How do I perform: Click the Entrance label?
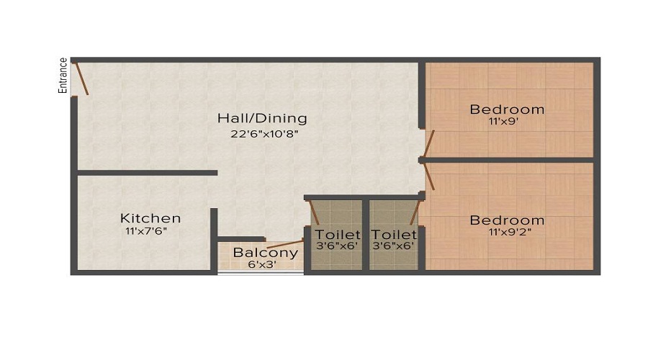click(x=63, y=76)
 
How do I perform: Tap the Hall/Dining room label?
click(x=262, y=118)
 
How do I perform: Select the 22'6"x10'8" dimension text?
click(x=262, y=133)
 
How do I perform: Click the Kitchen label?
click(x=150, y=217)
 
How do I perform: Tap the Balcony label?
click(x=266, y=253)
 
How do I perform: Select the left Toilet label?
click(x=338, y=235)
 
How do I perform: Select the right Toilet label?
click(x=394, y=235)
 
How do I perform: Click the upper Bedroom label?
click(x=507, y=109)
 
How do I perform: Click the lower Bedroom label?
click(x=507, y=220)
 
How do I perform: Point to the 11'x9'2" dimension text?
click(x=507, y=233)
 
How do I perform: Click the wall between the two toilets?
click(x=366, y=234)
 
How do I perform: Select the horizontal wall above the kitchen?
click(x=147, y=173)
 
